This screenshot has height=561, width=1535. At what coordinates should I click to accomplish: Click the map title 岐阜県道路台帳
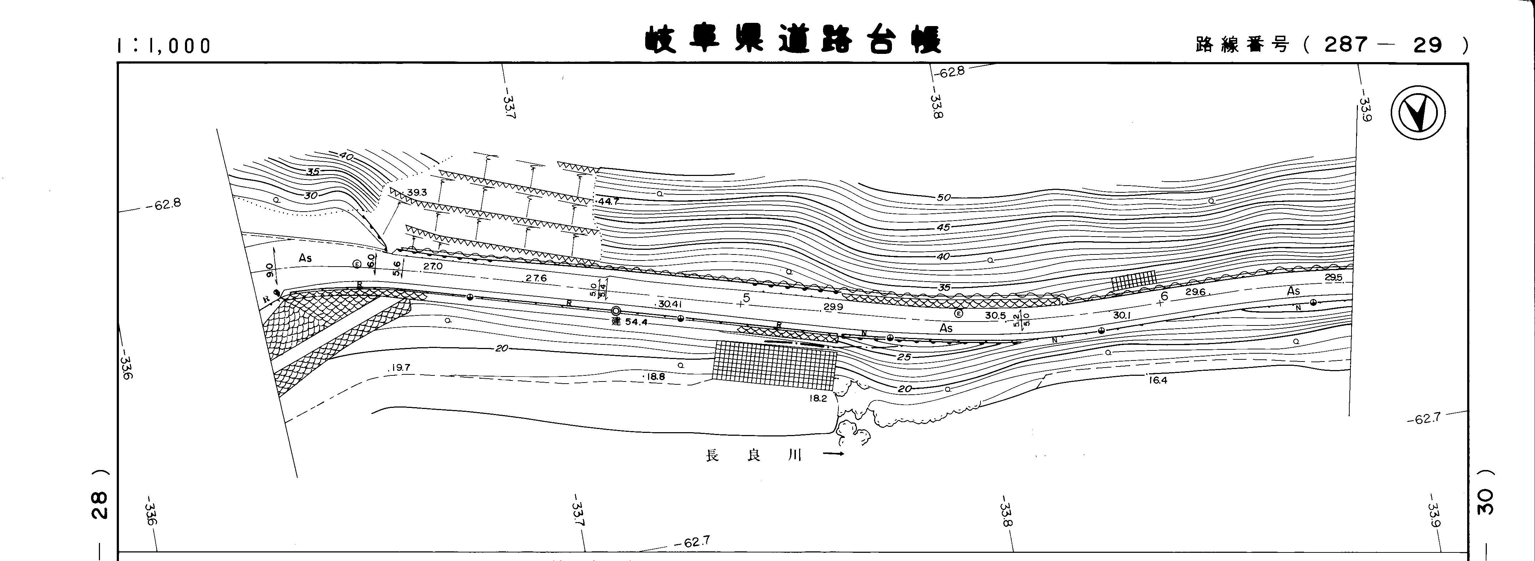[793, 40]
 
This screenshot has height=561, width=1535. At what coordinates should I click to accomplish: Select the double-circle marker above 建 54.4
[616, 311]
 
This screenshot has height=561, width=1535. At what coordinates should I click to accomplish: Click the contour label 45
[943, 227]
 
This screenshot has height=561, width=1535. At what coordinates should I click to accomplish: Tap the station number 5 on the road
[746, 298]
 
